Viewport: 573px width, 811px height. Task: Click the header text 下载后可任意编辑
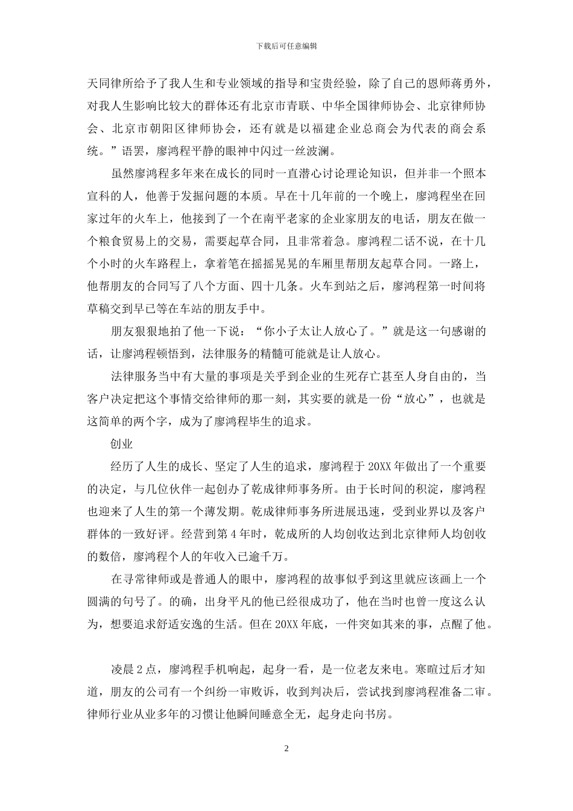[x=286, y=46]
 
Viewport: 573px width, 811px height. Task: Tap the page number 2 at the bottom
[x=286, y=749]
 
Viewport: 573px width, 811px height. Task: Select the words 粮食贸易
[x=133, y=241]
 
